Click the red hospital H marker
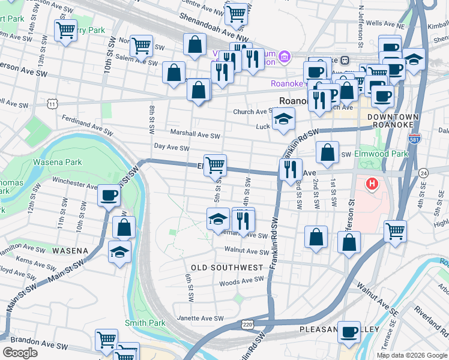[x=372, y=184]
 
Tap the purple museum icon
[x=285, y=58]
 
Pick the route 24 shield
[x=423, y=172]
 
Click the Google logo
[x=20, y=353]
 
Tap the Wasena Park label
[x=57, y=162]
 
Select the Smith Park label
[x=145, y=323]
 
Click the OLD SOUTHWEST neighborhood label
[x=227, y=267]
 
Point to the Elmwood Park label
[x=381, y=154]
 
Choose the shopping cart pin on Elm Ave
[x=215, y=164]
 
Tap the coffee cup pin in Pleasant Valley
[x=349, y=332]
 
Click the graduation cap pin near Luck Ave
[x=284, y=119]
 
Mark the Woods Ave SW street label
[x=241, y=280]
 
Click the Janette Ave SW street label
[x=200, y=319]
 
